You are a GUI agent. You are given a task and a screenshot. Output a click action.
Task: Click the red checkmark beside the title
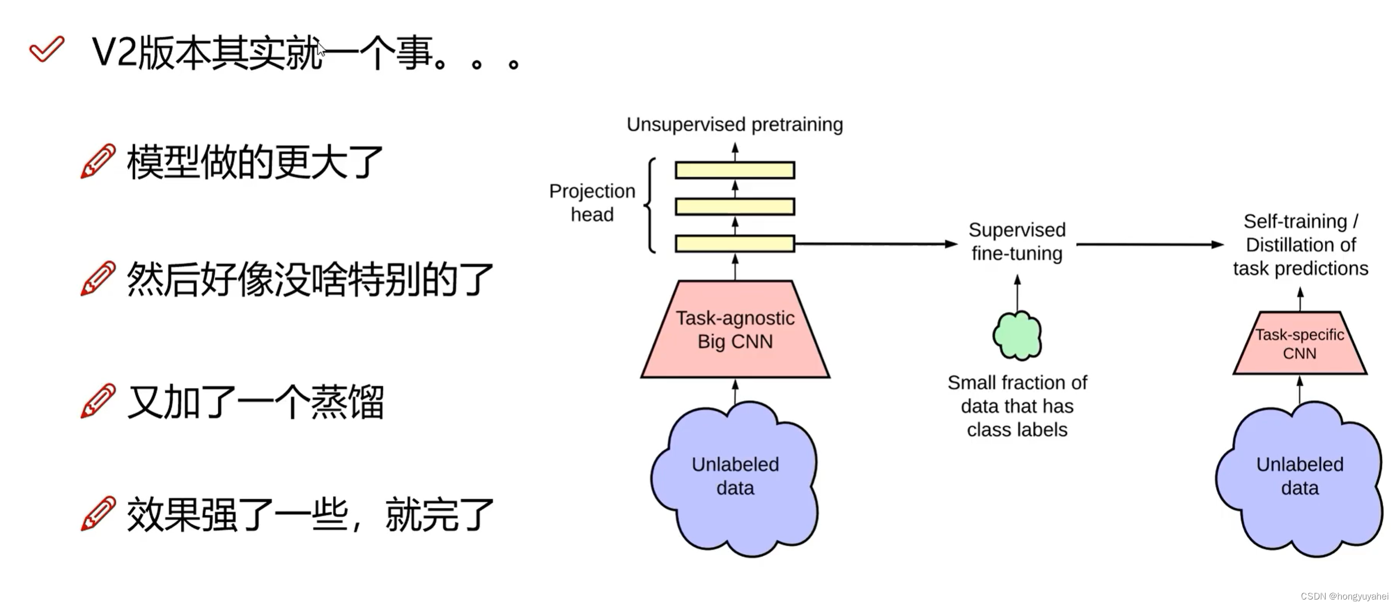click(47, 49)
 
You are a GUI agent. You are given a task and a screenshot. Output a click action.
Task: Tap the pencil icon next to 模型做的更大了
click(98, 161)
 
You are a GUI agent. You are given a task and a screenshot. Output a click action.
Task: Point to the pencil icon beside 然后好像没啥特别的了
click(98, 278)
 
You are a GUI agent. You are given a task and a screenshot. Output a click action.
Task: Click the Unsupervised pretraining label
click(734, 124)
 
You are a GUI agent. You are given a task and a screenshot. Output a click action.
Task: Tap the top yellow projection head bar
click(735, 170)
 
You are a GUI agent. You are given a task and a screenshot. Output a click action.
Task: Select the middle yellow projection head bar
click(735, 207)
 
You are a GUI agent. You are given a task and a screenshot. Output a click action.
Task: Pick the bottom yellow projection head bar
click(735, 244)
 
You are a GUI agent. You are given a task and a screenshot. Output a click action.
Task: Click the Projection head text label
click(592, 203)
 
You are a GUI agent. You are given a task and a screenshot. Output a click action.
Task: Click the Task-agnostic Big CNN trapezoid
click(735, 330)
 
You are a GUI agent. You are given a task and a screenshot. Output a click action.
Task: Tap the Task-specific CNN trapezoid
click(1300, 344)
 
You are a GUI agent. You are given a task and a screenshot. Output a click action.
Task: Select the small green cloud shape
click(1017, 336)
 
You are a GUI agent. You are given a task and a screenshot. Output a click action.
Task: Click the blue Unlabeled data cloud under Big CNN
click(735, 477)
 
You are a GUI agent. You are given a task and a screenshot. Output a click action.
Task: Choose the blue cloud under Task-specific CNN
click(1300, 477)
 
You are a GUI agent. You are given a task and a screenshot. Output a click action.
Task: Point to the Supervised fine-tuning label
click(1017, 241)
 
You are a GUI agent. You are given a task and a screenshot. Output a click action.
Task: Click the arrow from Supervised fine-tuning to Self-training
click(1149, 245)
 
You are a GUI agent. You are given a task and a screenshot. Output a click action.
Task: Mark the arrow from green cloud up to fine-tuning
click(1017, 294)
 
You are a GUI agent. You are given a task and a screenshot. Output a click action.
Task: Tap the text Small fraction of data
click(1017, 406)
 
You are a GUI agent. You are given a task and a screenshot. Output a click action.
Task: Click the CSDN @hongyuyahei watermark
click(1344, 597)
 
